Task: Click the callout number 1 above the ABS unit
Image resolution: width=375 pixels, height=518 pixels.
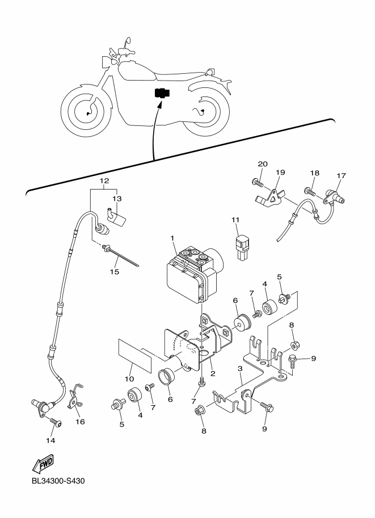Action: click(x=172, y=238)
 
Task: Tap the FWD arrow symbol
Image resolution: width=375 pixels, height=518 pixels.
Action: click(x=43, y=463)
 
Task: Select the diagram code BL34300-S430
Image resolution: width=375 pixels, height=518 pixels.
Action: click(x=58, y=481)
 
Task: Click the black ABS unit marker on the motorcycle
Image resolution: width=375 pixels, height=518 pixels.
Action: click(x=162, y=93)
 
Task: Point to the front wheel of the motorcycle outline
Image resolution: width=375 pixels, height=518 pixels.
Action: click(x=87, y=111)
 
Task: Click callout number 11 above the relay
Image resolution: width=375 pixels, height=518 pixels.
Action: click(x=235, y=220)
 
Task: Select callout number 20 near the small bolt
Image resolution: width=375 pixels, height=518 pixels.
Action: click(x=263, y=164)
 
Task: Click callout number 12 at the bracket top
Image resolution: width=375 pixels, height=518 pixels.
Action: click(x=104, y=181)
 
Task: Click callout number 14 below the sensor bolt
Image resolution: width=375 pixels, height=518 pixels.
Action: click(x=50, y=440)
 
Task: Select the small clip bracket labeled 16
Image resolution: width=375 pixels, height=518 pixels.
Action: click(x=76, y=397)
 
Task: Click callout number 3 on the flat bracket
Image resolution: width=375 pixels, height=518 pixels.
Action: click(x=240, y=368)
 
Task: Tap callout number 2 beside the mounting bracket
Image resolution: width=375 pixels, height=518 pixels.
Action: click(x=213, y=374)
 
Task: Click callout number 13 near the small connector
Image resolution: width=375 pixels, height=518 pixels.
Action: click(x=117, y=199)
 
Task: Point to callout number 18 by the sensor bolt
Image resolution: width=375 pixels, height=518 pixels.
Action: click(x=315, y=173)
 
